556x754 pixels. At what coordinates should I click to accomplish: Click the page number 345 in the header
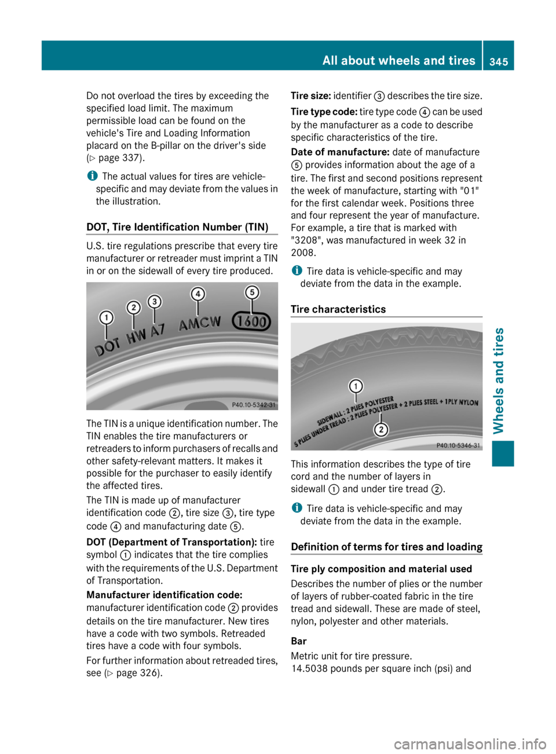pyautogui.click(x=498, y=61)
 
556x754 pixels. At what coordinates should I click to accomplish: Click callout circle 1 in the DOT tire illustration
pyautogui.click(x=106, y=317)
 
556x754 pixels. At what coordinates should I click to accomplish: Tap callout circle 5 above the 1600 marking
pyautogui.click(x=252, y=292)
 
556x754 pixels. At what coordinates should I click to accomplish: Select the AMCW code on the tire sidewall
pyautogui.click(x=199, y=323)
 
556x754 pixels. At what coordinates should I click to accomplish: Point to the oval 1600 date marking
pyautogui.click(x=251, y=321)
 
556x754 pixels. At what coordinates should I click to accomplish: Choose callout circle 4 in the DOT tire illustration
pyautogui.click(x=198, y=294)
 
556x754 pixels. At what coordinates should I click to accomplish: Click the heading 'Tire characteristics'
pyautogui.click(x=338, y=309)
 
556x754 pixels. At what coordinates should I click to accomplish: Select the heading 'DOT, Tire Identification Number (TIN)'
pyautogui.click(x=177, y=227)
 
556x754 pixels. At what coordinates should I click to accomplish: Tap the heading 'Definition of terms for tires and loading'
pyautogui.click(x=386, y=547)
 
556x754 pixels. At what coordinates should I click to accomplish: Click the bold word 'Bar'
pyautogui.click(x=299, y=641)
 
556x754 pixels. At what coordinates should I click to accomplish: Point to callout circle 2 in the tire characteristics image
pyautogui.click(x=381, y=429)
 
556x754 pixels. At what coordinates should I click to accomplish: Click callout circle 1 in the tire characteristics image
pyautogui.click(x=356, y=386)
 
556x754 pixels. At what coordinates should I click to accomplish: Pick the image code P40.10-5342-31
pyautogui.click(x=254, y=405)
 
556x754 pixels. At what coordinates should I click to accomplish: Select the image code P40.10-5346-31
pyautogui.click(x=458, y=445)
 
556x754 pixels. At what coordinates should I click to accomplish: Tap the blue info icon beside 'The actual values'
pyautogui.click(x=92, y=176)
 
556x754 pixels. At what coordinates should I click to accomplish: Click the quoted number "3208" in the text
pyautogui.click(x=304, y=240)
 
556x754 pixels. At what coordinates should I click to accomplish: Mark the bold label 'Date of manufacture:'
pyautogui.click(x=340, y=152)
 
